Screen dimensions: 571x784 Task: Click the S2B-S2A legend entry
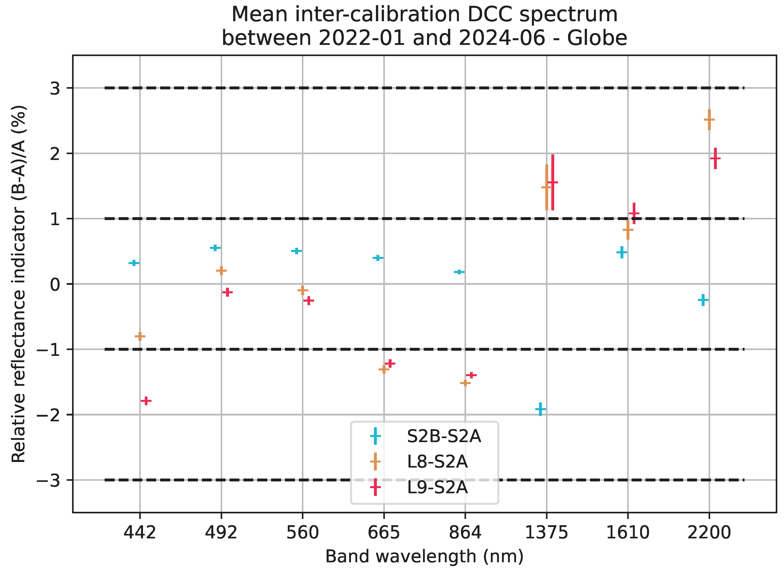coord(444,436)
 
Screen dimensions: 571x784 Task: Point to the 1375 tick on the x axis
coord(546,532)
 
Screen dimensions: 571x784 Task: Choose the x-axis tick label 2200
coord(709,532)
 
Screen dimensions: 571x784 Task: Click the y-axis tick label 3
coord(55,89)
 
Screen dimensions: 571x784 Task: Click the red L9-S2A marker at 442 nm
coord(146,401)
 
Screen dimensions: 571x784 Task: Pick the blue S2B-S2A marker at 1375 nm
coord(540,409)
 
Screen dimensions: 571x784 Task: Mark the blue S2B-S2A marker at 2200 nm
coord(703,300)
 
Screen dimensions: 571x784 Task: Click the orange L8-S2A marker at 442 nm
coord(140,336)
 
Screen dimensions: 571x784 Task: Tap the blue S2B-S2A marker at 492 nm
coord(215,248)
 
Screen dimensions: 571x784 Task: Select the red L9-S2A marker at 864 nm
coord(471,375)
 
